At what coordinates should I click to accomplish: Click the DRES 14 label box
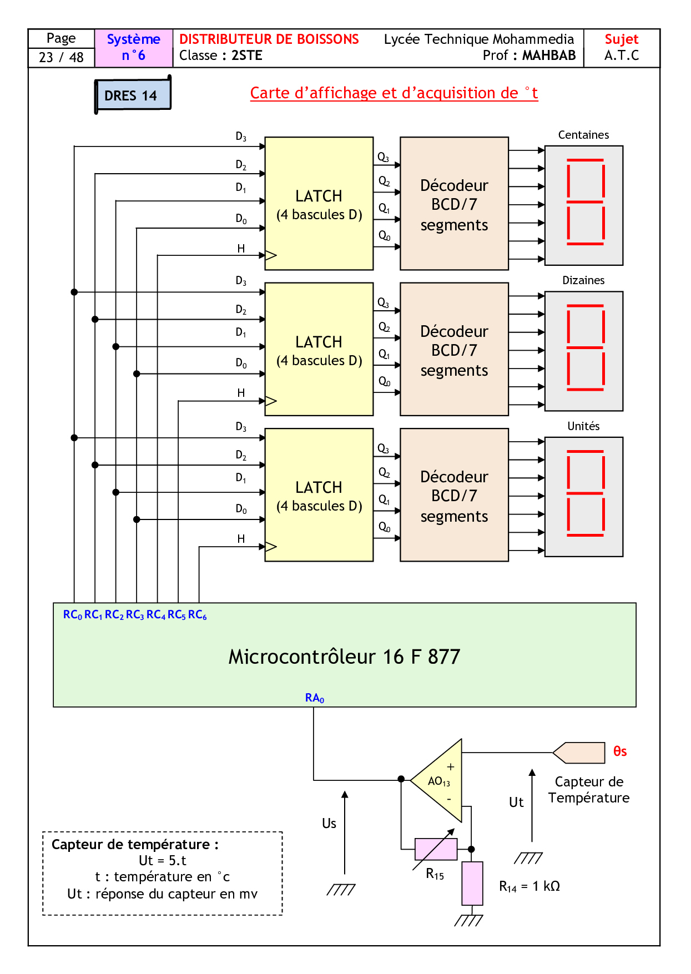pos(132,95)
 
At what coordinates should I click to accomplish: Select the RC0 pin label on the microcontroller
pos(73,615)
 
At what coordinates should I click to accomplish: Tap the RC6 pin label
pos(197,615)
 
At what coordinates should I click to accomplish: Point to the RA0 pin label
pos(314,698)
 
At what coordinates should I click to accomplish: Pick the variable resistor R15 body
pos(436,849)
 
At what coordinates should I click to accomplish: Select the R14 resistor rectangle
pos(472,883)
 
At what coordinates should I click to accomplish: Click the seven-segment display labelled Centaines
pos(584,205)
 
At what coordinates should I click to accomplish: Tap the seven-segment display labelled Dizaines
pos(584,351)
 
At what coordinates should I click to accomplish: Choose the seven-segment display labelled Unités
pos(584,497)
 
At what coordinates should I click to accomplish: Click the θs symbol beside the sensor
pos(620,751)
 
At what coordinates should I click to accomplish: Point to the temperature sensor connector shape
pos(579,753)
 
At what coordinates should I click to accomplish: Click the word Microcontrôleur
pos(302,657)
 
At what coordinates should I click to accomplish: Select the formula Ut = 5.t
pos(162,861)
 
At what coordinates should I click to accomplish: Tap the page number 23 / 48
pos(61,57)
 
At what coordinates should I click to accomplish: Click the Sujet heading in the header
pos(622,39)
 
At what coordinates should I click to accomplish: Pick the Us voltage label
pos(329,824)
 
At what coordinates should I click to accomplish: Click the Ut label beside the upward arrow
pos(516,803)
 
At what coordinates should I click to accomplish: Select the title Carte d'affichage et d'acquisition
pos(394,93)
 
